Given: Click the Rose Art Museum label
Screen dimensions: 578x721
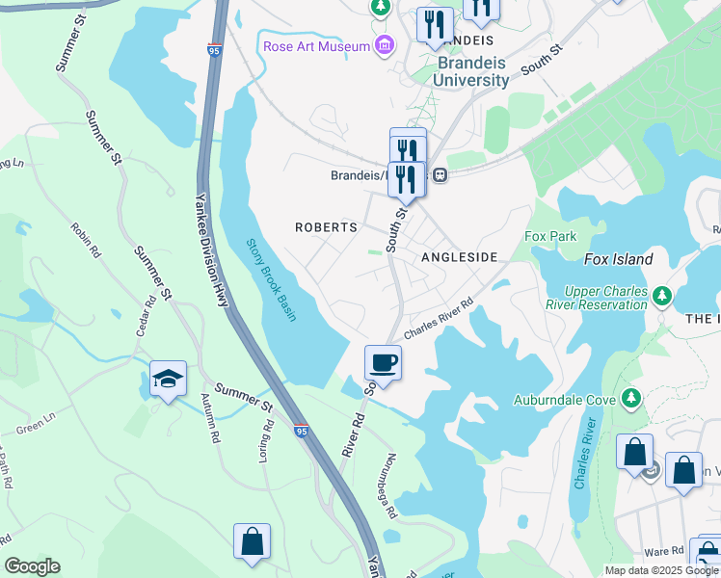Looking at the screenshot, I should coord(316,46).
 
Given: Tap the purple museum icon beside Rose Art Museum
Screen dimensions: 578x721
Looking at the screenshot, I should coord(385,45).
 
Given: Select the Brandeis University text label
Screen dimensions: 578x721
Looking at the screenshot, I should coord(459,71).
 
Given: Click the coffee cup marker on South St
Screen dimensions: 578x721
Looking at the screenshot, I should coord(383,363).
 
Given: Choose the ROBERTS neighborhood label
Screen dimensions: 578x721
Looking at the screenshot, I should coord(326,227).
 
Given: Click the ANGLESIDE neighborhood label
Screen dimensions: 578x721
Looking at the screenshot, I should coord(459,258).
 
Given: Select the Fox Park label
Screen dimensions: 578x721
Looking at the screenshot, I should coord(548,236).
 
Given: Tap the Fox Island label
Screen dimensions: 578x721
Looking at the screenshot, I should coord(618,259).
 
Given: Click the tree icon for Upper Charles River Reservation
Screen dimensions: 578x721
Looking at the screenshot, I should coord(660,293).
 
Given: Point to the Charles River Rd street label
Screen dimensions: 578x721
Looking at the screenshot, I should coord(439,318).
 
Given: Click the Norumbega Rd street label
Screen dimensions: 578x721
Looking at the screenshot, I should coord(390,486).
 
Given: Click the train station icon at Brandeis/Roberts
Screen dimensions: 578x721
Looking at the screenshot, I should coord(440,175).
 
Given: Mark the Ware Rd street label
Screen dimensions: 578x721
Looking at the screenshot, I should coord(664,552).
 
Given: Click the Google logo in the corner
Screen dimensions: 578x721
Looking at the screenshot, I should coord(32,566).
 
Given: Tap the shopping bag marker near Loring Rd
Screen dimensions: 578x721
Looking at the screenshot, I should coord(252,541).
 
